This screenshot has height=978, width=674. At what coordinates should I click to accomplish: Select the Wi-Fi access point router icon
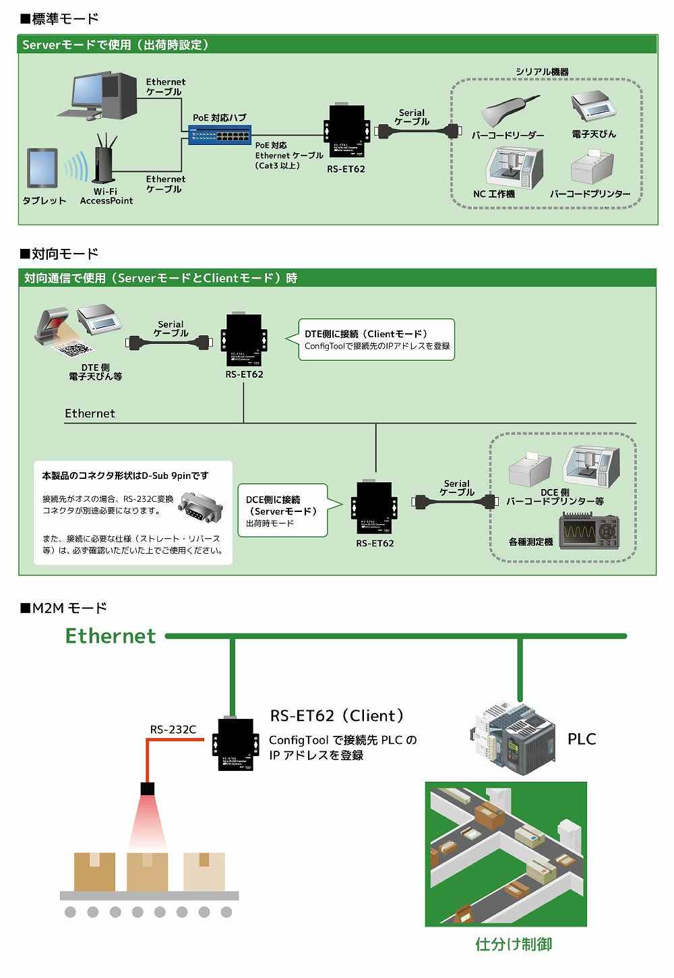click(104, 160)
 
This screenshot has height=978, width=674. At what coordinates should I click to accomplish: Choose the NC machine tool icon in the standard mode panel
click(514, 168)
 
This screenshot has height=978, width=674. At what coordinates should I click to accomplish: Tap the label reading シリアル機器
click(542, 71)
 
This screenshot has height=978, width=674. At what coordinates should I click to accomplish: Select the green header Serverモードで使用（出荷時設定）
click(115, 45)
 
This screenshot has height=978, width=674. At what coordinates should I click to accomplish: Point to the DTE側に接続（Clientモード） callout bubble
click(376, 339)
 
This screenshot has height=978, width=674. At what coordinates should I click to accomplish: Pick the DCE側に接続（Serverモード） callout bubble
click(283, 511)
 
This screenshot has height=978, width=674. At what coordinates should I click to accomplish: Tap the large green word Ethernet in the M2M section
click(111, 636)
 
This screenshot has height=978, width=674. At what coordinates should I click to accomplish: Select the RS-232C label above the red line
click(173, 729)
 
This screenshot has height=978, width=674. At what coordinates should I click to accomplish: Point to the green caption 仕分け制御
click(514, 944)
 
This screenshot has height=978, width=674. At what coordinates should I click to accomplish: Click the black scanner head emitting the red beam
click(148, 788)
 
